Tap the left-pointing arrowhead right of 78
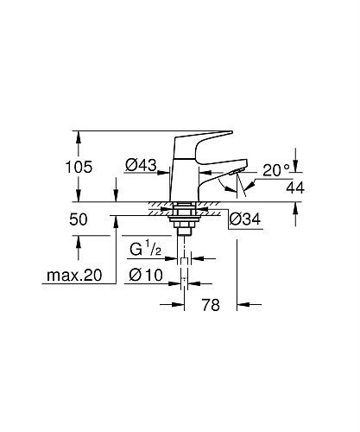tap(243, 304)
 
